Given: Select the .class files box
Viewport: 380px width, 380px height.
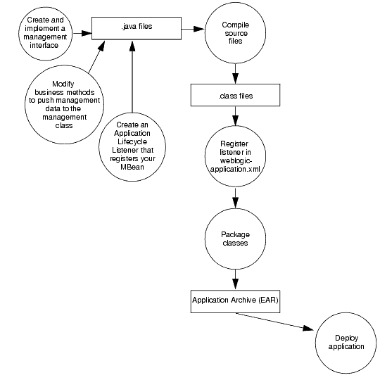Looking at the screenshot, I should [x=236, y=94].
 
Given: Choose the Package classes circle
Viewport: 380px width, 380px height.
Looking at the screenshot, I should [x=235, y=238].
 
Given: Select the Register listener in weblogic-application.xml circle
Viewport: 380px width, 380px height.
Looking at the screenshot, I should [x=235, y=157].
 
